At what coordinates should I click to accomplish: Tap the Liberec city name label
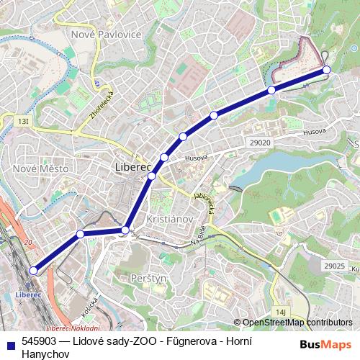tap(131, 168)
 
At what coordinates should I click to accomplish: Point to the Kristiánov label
tap(167, 218)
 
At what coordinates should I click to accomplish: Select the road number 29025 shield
tap(334, 266)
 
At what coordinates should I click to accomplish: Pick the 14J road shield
tap(281, 311)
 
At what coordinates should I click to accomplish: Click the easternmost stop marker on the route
tap(326, 69)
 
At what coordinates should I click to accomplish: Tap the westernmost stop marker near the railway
tap(33, 271)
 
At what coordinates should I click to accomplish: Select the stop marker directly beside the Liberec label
tap(152, 176)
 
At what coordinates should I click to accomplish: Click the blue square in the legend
tap(10, 343)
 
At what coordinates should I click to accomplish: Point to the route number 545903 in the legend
tap(40, 343)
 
